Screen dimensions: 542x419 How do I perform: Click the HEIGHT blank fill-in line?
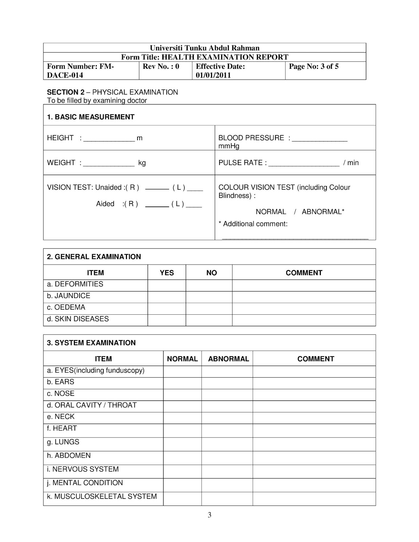pos(109,139)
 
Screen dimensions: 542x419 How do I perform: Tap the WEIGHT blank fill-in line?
pos(109,164)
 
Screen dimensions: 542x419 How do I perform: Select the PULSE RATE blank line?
pos(303,164)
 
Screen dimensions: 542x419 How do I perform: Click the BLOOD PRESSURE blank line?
pos(319,139)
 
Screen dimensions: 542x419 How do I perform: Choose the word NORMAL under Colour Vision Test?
pos(271,212)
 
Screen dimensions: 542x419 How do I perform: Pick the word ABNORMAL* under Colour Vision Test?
pos(323,212)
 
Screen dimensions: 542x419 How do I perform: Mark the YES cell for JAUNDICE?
pos(167,297)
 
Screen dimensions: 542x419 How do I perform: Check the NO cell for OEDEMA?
pos(209,309)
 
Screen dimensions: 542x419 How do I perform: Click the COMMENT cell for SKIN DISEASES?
pos(304,320)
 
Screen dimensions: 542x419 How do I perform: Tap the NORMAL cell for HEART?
pos(182,431)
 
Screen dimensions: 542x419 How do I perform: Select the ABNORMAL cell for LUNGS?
pos(227,444)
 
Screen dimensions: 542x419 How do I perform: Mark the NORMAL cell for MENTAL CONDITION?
pos(182,485)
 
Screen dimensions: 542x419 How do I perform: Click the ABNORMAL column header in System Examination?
pos(228,359)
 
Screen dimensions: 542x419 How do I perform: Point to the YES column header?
pos(167,273)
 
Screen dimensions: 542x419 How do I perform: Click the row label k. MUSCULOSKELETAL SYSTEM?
pos(102,496)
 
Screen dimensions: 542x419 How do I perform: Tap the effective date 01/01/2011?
pos(213,75)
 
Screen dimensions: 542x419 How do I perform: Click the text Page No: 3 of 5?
pos(314,66)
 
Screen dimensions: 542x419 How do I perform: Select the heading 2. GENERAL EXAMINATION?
pos(94,257)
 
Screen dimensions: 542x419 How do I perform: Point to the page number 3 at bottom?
pos(209,515)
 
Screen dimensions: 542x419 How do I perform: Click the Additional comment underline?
pos(295,238)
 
